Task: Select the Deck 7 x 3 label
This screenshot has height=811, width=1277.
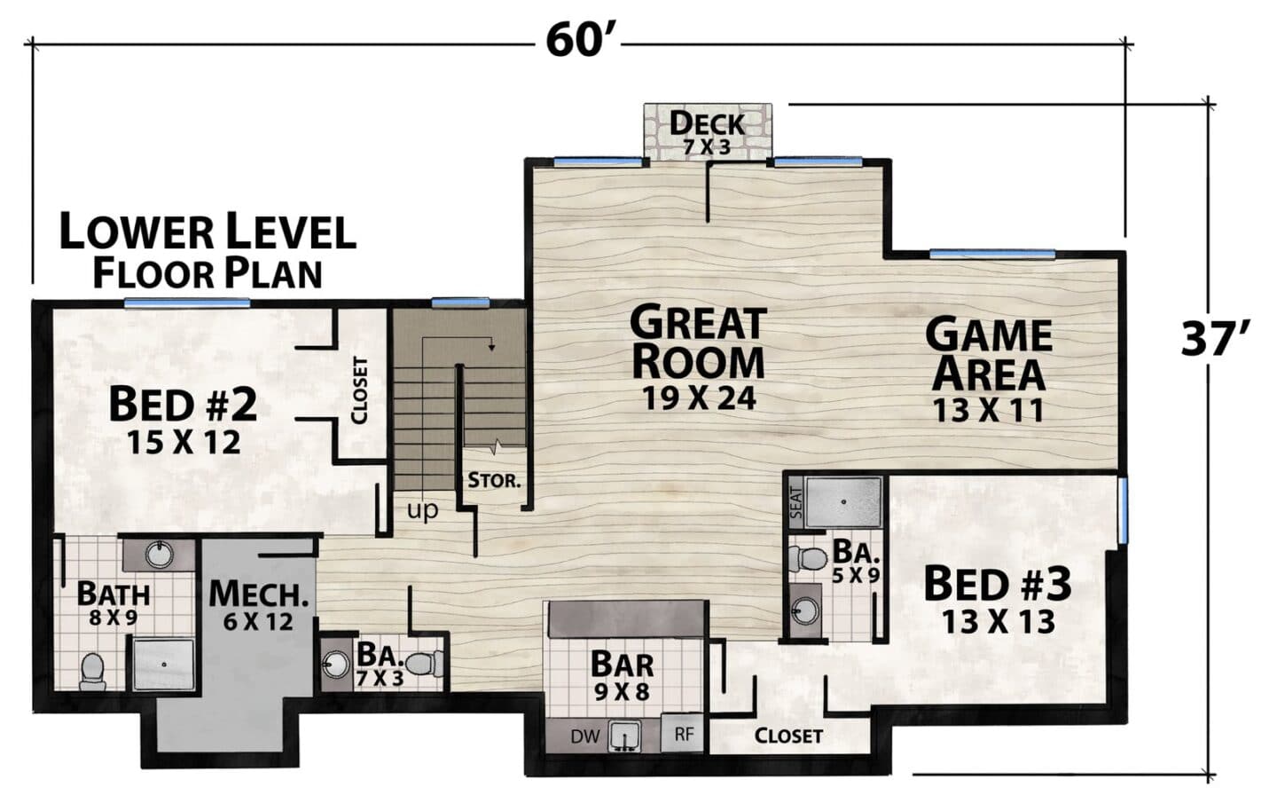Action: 707,133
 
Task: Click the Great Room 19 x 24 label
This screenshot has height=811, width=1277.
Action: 699,358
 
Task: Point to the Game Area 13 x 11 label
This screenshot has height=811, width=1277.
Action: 989,370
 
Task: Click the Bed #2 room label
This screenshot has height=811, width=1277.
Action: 183,421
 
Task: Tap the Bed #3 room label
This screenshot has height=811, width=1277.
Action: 998,600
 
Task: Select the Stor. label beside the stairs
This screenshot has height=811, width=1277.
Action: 494,480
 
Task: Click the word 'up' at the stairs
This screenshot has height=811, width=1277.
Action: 422,510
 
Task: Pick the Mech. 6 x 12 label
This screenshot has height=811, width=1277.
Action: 259,606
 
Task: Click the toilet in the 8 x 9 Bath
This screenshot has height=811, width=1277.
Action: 92,672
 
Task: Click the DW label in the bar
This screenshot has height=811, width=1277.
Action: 585,736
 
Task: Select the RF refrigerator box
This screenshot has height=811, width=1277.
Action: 683,734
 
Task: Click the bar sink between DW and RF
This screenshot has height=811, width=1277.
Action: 625,736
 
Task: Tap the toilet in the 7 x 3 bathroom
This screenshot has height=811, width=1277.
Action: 423,665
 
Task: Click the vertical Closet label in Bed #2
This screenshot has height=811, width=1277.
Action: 359,390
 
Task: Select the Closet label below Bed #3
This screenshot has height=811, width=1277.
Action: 788,736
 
